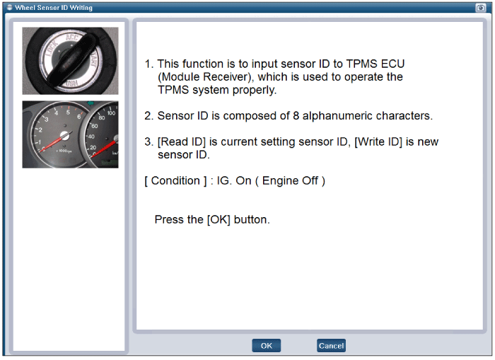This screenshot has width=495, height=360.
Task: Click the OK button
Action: point(266,345)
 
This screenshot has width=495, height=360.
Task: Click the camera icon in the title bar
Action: point(480,8)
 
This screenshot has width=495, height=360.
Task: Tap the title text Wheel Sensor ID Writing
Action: point(54,8)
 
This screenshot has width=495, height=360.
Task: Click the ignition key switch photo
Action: point(70,61)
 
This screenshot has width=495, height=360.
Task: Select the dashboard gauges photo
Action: point(70,134)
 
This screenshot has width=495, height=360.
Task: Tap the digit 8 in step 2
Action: point(296,116)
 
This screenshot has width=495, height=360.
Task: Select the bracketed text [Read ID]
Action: point(182,141)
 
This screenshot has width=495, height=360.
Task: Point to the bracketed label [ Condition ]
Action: point(175,181)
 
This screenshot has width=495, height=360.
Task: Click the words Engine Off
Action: point(290,180)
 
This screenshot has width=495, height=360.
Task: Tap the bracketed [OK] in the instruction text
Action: point(219,220)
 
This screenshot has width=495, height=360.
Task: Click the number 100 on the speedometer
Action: point(111,113)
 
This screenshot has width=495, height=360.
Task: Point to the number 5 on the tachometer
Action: point(68,112)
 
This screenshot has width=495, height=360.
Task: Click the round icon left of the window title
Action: point(9,7)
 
